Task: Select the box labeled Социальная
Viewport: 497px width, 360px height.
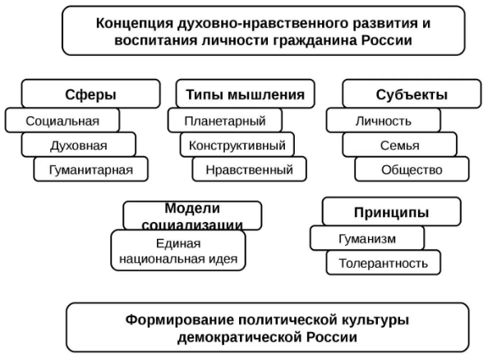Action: [62, 121]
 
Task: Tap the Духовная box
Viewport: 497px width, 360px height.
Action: [79, 145]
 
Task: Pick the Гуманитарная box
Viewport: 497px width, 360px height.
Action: [91, 170]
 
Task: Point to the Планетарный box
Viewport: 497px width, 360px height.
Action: [224, 121]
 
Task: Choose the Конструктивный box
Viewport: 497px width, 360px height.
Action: [237, 145]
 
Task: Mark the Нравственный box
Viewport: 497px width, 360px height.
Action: [249, 170]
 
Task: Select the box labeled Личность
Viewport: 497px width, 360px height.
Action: [383, 121]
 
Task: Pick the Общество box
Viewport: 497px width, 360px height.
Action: [412, 170]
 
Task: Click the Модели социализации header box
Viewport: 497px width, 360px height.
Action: [192, 215]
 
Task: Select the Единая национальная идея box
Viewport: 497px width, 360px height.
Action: [178, 251]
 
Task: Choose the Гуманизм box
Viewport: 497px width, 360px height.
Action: [367, 238]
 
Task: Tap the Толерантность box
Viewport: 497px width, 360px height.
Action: [383, 263]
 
